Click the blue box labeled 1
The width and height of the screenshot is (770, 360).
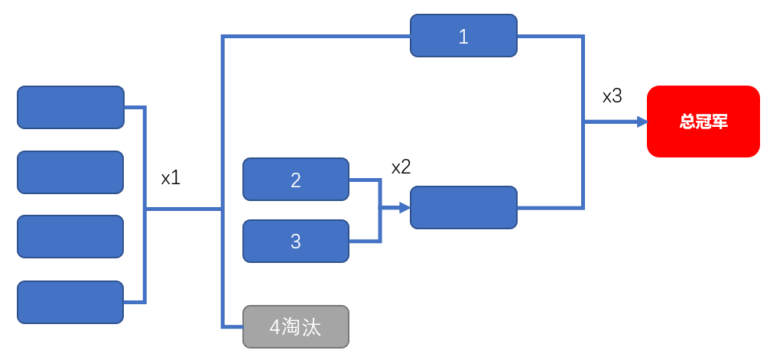(463, 35)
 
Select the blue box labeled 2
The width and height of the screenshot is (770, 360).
(296, 180)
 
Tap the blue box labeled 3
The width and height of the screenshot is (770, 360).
(296, 241)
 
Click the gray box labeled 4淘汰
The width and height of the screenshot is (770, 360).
(296, 326)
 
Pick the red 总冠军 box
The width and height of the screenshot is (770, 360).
(703, 122)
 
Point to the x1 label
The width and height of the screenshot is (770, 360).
(171, 178)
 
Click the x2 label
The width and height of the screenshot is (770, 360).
(401, 167)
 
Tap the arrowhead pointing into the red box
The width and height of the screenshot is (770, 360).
(642, 122)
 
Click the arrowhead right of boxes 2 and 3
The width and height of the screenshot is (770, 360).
(405, 207)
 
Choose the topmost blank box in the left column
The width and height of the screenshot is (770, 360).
(70, 108)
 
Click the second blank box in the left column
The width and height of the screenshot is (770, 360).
(70, 173)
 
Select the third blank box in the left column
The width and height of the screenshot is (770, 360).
(70, 236)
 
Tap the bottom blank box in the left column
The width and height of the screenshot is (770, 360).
(70, 302)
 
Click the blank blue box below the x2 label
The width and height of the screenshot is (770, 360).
(463, 207)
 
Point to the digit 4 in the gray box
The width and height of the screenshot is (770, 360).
(275, 327)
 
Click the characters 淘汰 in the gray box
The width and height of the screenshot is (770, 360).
(301, 327)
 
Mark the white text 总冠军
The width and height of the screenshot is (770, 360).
(703, 122)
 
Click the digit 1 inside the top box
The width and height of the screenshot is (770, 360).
(463, 37)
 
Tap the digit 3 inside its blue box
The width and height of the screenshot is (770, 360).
(296, 242)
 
